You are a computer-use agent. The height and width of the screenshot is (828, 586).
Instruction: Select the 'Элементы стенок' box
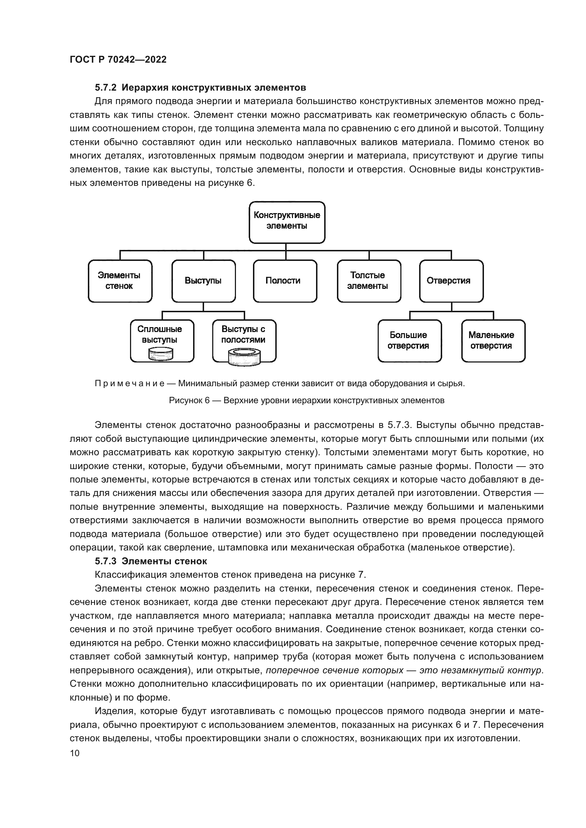coord(120,281)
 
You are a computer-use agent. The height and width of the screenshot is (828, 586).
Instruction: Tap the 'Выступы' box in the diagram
coord(203,281)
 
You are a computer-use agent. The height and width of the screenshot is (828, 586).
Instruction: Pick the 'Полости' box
coord(285,281)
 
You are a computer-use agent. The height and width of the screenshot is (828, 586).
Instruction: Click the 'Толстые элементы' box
coord(368,281)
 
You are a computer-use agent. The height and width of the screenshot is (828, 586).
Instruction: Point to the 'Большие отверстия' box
coord(409,341)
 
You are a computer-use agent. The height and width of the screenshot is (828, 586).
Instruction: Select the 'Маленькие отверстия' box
coord(493,341)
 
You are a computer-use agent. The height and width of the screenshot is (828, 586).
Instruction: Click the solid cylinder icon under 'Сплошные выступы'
coord(161,354)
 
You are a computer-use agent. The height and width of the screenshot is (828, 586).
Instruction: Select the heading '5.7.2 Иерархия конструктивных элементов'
coord(200,88)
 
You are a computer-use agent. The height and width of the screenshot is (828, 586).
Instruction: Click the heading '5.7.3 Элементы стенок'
coord(151,561)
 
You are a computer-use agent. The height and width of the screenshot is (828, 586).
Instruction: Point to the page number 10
coord(74,753)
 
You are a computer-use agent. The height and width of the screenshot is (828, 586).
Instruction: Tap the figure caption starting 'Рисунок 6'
coord(306,400)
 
